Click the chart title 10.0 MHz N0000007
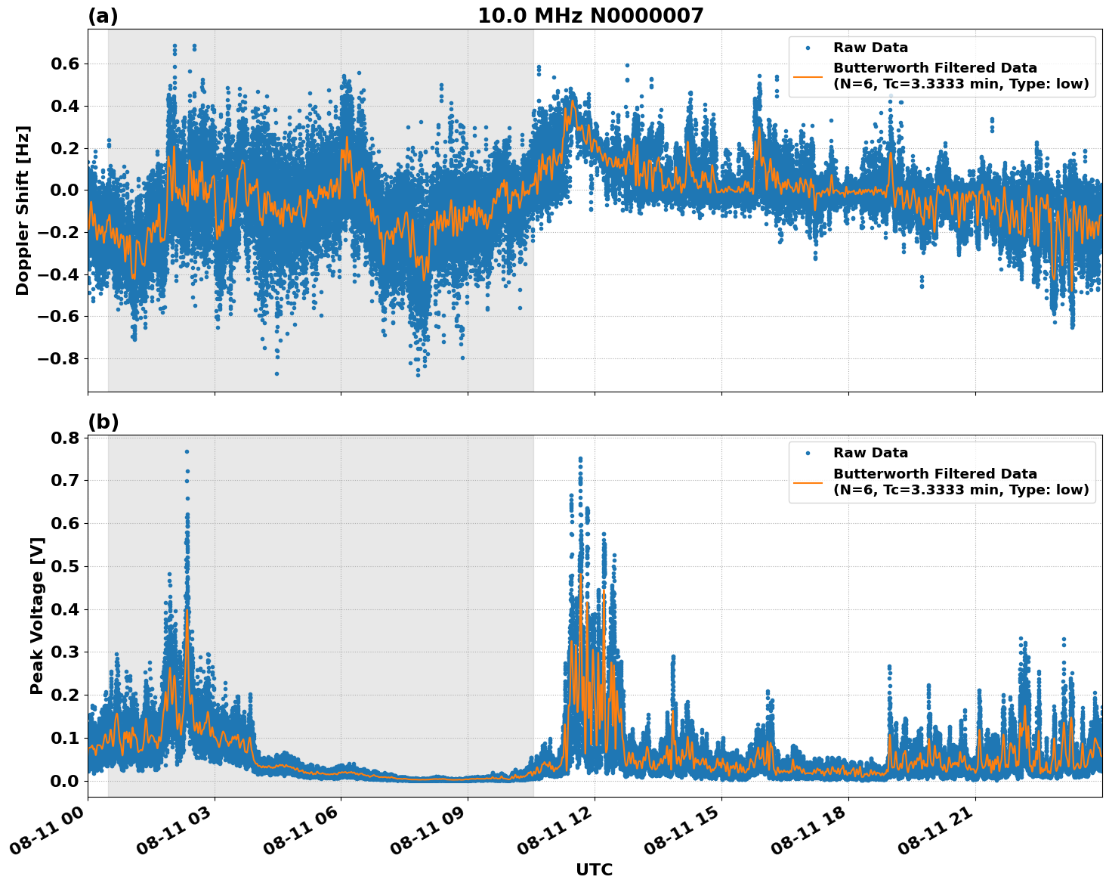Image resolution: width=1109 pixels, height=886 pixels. [x=590, y=16]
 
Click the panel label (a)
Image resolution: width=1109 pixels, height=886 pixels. [x=103, y=16]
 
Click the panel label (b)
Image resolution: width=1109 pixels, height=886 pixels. [x=103, y=422]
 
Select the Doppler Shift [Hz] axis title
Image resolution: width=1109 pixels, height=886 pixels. [x=23, y=210]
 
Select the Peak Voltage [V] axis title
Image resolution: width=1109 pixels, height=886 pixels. [x=36, y=615]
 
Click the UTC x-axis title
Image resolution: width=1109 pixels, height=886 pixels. [x=594, y=869]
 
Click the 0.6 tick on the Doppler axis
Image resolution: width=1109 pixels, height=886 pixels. [x=65, y=64]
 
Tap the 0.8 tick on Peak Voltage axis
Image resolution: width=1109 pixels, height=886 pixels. [x=65, y=438]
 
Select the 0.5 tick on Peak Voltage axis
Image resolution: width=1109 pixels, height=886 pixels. [x=65, y=566]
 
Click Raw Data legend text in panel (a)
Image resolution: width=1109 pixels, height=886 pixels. [x=870, y=48]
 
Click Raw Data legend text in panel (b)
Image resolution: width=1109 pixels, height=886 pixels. [x=870, y=453]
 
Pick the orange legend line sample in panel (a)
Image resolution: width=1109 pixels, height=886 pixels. [x=808, y=76]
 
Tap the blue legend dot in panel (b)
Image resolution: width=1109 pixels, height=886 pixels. [x=808, y=453]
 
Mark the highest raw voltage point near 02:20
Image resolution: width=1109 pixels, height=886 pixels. [x=187, y=451]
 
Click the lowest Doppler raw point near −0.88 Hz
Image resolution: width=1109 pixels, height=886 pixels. [x=418, y=375]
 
